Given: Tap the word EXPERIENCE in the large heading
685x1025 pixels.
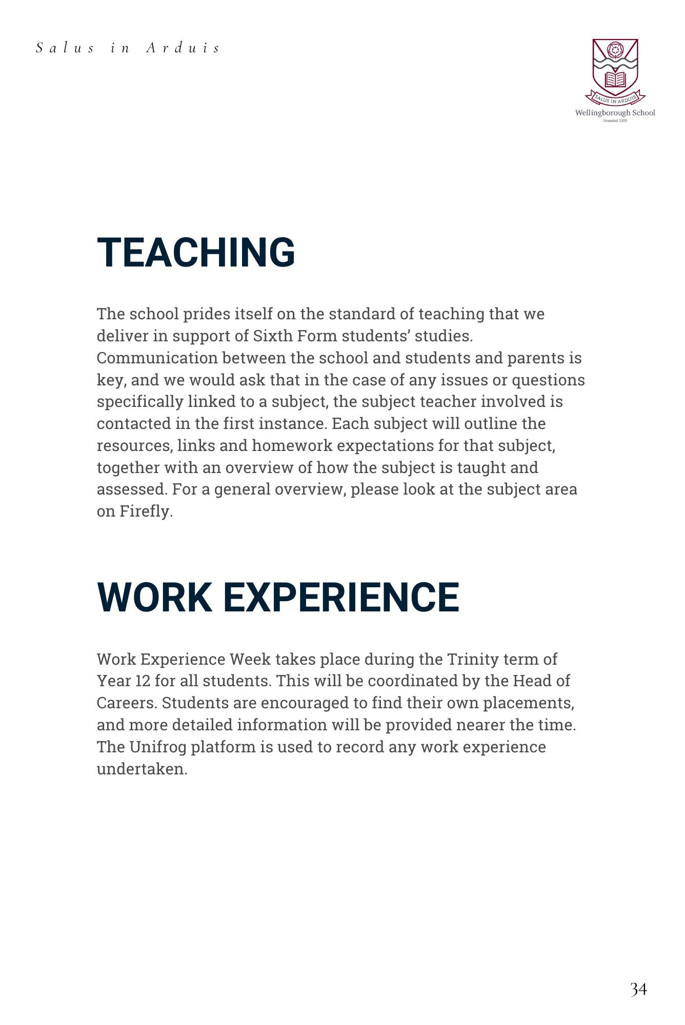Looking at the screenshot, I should click(x=341, y=597).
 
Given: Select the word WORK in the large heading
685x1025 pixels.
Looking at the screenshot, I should click(x=154, y=597).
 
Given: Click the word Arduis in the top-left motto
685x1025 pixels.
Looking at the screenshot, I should click(x=183, y=48).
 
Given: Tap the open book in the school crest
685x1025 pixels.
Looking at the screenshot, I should click(x=615, y=79).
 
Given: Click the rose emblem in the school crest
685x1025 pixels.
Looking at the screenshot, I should click(x=615, y=50).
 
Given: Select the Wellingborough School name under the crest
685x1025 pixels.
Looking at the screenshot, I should click(x=615, y=113).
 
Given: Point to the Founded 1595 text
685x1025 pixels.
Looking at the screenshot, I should click(x=615, y=120).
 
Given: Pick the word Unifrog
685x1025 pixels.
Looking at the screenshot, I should click(x=157, y=747).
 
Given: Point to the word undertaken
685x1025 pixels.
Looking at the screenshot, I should click(x=142, y=769).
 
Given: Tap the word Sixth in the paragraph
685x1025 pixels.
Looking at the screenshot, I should click(x=266, y=336).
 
